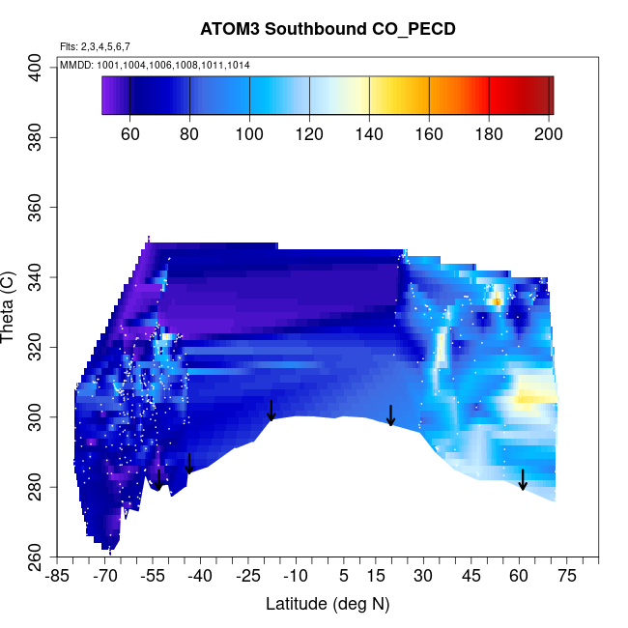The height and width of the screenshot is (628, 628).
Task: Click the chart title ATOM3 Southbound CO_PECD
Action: point(314,28)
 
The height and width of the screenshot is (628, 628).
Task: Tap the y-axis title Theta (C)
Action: point(10,309)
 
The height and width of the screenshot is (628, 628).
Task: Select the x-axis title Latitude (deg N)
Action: point(327,604)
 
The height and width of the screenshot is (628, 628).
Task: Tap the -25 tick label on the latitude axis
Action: point(248,577)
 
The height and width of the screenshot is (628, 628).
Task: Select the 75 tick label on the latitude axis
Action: point(566,577)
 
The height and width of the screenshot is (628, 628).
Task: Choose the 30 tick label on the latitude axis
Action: point(423,577)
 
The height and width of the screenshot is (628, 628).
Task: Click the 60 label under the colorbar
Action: point(130,133)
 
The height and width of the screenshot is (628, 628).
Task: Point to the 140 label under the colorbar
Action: point(370,133)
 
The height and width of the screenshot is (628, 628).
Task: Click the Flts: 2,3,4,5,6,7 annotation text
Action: point(95,46)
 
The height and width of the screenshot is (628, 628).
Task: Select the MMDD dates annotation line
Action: point(156,65)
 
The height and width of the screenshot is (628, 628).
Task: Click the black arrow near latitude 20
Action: point(390,415)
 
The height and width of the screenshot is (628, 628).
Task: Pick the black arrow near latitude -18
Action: point(271,411)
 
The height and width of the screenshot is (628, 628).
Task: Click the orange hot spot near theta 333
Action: point(496,301)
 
